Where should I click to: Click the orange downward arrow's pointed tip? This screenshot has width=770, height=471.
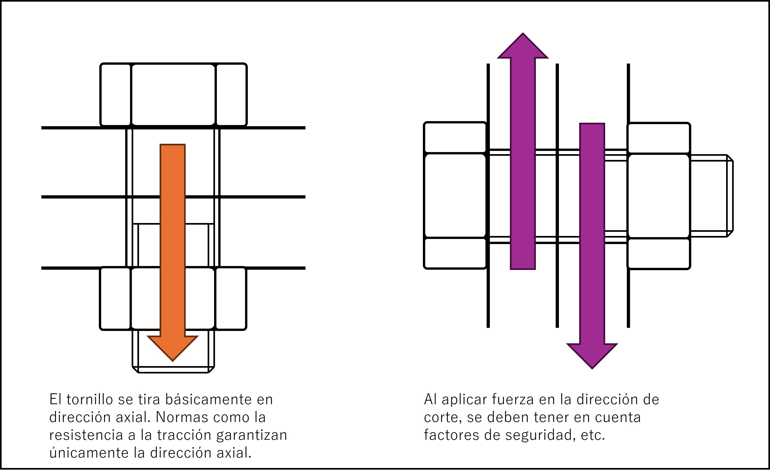pyautogui.click(x=173, y=361)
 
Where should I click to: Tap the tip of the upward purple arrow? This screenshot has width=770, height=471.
pyautogui.click(x=523, y=33)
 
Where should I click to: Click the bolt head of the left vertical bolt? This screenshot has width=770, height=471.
pyautogui.click(x=173, y=95)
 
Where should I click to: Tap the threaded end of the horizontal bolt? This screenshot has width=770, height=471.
pyautogui.click(x=712, y=196)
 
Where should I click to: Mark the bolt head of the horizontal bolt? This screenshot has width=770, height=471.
pyautogui.click(x=455, y=196)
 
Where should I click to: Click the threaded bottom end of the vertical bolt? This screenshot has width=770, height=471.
pyautogui.click(x=173, y=352)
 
